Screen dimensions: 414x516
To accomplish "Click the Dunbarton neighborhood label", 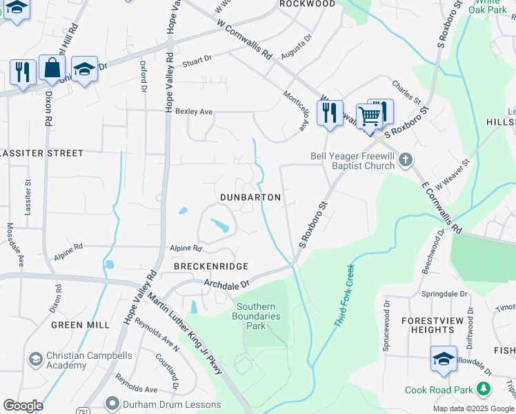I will click(250, 197).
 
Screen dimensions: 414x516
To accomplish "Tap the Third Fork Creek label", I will click(341, 293).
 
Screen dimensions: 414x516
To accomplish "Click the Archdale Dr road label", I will click(225, 282).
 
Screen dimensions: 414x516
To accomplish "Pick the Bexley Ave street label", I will click(194, 111).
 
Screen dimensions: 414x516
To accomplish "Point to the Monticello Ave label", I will click(295, 110).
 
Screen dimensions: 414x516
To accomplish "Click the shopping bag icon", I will click(52, 68).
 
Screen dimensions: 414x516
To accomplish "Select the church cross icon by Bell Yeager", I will click(406, 160).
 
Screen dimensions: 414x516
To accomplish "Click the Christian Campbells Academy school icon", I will click(35, 359).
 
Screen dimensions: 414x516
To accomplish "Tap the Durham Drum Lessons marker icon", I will click(111, 403).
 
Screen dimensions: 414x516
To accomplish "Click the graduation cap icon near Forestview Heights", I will click(444, 358).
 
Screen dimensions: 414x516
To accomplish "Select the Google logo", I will click(23, 406).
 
